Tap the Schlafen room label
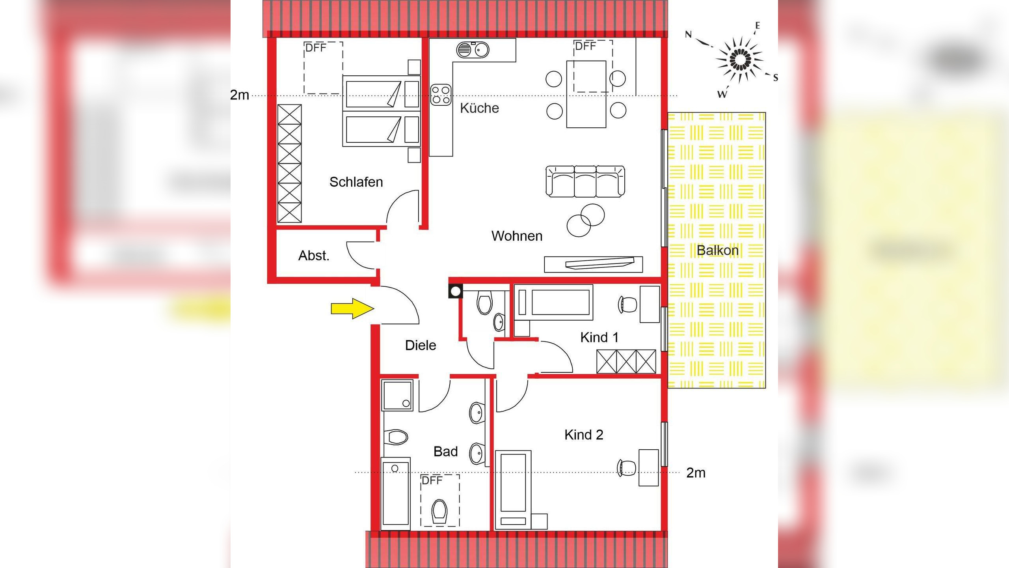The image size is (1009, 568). coord(356,182)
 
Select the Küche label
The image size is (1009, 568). coord(479,108)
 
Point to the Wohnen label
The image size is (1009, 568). coord(517,236)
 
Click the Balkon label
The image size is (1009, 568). coord(717,250)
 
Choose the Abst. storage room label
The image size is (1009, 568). coord(313,256)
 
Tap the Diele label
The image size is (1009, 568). coord(421,345)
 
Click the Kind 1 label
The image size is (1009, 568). coord(599,337)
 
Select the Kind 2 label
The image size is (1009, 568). coord(584,435)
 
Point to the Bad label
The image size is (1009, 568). coord(445,451)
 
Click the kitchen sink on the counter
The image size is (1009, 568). coord(473,50)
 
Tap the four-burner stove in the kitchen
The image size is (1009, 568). coord(441,95)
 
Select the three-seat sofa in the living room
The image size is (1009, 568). coord(585,181)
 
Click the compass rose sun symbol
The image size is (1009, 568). coord(740,60)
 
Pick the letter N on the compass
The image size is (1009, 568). coord(688,34)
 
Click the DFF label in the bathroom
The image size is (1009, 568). coord(432,480)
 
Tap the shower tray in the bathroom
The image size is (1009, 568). coord(397,395)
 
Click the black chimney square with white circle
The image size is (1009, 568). coord(456,291)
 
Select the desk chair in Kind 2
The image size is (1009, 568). coord(627,468)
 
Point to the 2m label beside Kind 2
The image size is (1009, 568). coord(696,473)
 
